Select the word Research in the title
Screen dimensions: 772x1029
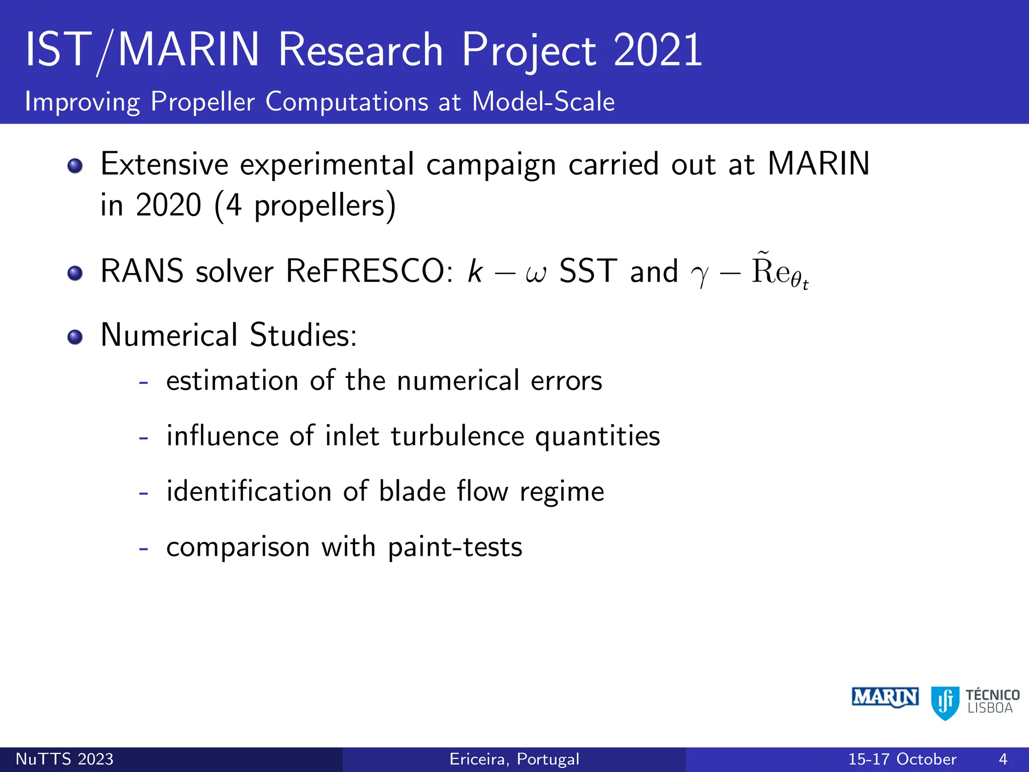(360, 50)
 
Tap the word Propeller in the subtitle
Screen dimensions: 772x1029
(202, 102)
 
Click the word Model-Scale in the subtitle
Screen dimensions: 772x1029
(543, 102)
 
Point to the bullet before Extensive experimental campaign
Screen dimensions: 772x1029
(75, 166)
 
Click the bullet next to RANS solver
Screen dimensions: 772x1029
(75, 273)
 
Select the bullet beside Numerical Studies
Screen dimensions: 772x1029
(75, 337)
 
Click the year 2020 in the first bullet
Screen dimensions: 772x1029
(168, 205)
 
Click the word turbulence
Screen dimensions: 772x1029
(457, 436)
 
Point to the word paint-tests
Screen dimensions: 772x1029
(455, 547)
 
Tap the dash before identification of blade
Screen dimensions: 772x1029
(144, 493)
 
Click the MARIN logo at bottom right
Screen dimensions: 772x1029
(885, 698)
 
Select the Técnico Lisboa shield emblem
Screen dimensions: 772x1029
(945, 703)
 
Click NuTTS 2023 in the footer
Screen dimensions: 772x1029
(64, 759)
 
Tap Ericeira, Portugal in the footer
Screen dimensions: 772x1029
(514, 759)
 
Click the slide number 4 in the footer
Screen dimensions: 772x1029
(1003, 759)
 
